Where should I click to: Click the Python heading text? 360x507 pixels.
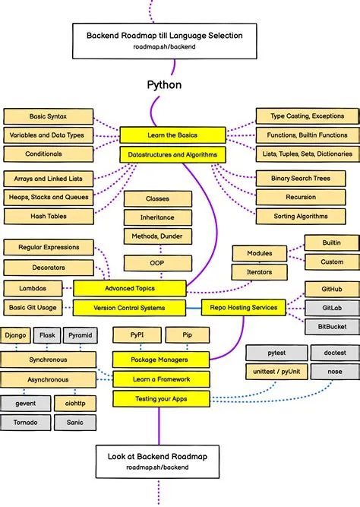click(164, 84)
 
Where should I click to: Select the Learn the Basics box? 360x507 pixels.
click(172, 135)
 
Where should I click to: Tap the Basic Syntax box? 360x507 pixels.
click(48, 116)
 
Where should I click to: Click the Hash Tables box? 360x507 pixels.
click(48, 216)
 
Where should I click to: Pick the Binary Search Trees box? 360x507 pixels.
click(295, 179)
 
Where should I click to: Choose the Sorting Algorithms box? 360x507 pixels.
click(295, 216)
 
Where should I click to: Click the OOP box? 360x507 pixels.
click(157, 263)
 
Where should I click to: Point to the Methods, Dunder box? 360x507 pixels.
click(157, 236)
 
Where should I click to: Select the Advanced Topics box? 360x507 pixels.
click(129, 288)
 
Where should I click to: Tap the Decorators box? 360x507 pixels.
click(48, 267)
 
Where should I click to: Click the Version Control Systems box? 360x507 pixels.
click(129, 308)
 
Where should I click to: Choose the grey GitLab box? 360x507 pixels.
click(331, 308)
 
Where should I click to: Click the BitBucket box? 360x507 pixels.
click(331, 327)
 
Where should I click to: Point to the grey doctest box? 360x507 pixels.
click(335, 353)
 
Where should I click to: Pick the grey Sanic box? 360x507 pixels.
click(74, 422)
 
